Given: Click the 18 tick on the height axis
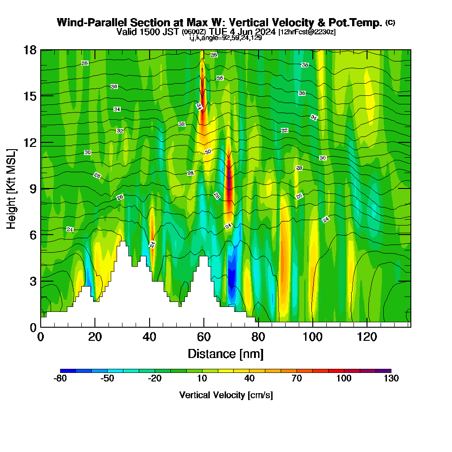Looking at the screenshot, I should click(x=29, y=50).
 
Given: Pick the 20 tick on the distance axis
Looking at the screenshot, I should click(x=95, y=337).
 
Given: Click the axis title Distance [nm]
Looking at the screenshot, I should click(x=226, y=353).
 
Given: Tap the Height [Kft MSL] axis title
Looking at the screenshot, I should click(x=11, y=188).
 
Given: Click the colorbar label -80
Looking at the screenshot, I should click(x=60, y=379).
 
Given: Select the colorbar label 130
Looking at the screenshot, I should click(x=391, y=379).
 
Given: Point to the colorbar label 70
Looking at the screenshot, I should click(x=297, y=379).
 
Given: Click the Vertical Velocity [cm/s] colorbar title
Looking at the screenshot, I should click(x=226, y=395).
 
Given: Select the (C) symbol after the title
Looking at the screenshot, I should click(x=390, y=23).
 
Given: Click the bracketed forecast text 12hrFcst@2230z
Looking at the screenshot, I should click(x=307, y=32).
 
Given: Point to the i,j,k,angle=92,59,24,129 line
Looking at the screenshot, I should click(x=226, y=38).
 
